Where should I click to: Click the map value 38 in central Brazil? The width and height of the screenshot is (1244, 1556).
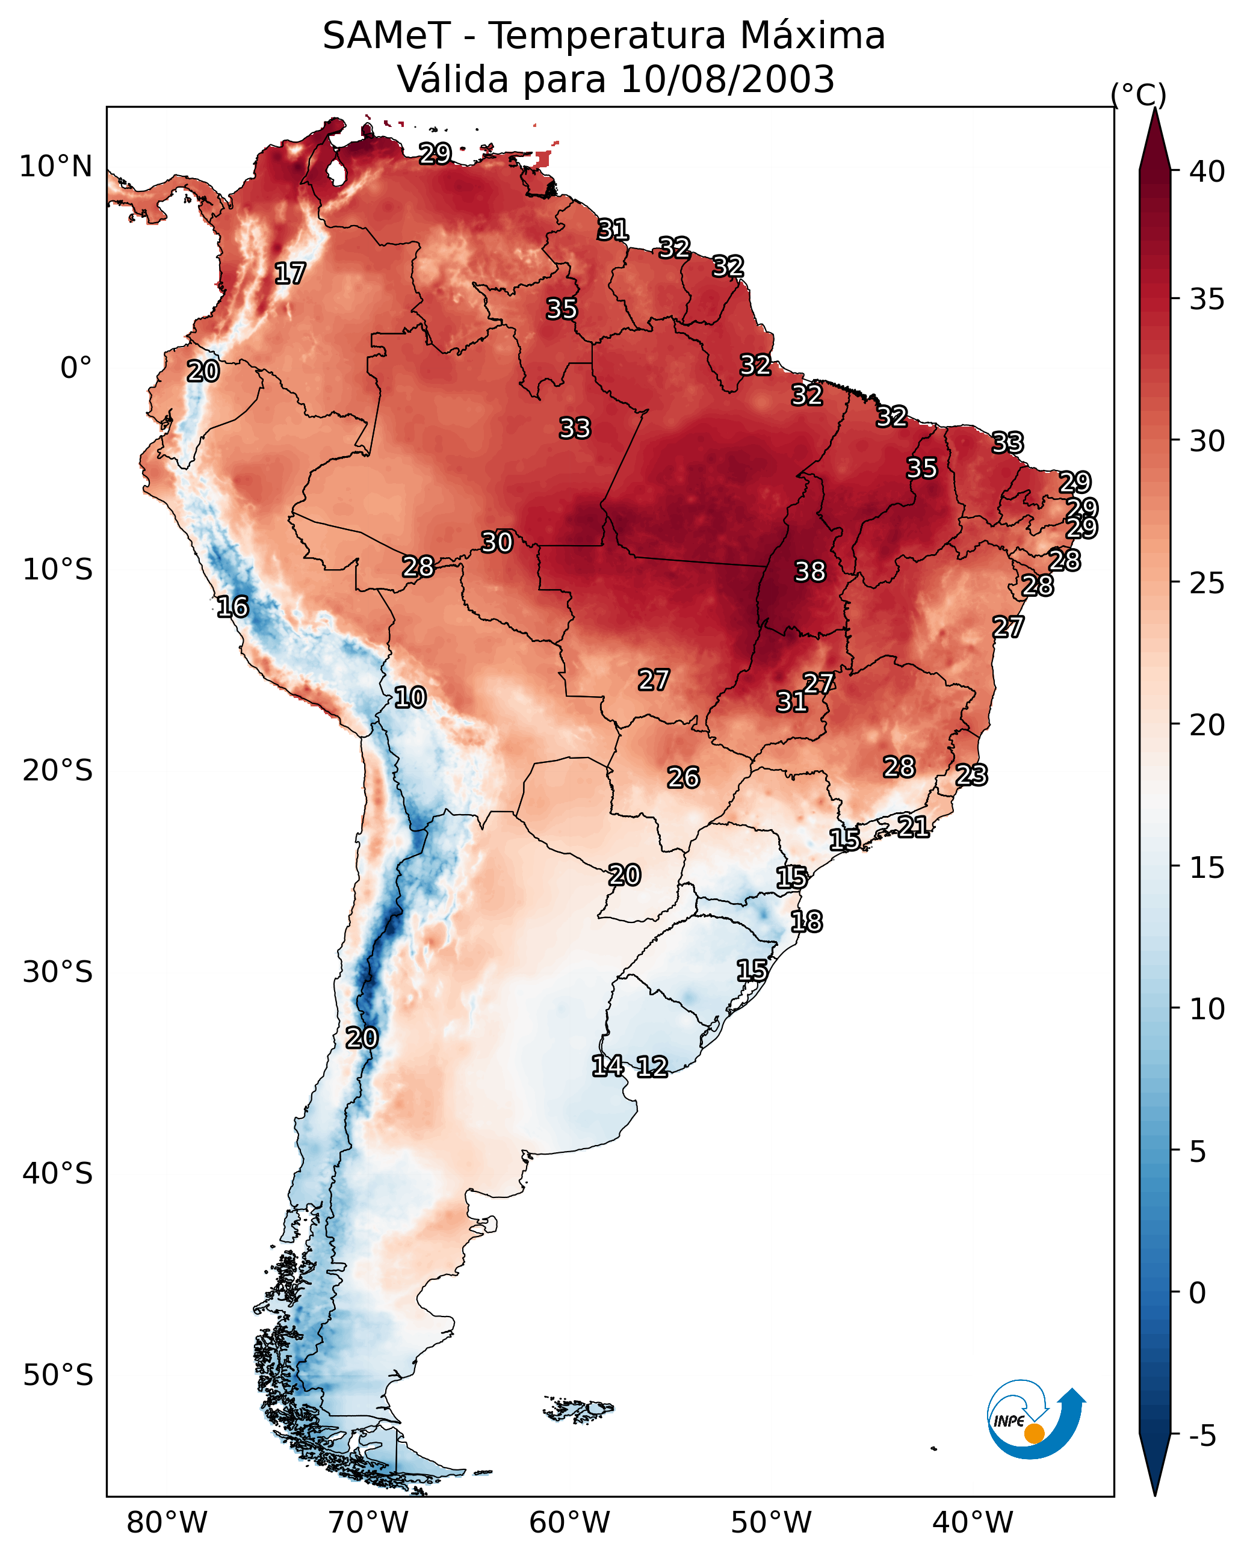click(x=809, y=572)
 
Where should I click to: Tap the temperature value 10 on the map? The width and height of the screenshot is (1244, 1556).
click(x=410, y=697)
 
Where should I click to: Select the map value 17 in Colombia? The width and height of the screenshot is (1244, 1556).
click(x=290, y=274)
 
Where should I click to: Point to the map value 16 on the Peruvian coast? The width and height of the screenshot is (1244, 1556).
click(x=232, y=607)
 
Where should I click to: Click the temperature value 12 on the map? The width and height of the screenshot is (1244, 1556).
click(x=652, y=1067)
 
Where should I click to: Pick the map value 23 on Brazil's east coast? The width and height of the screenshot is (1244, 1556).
click(x=971, y=775)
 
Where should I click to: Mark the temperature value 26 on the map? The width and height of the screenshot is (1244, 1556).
click(x=683, y=778)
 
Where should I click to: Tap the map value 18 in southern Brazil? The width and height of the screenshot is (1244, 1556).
click(x=806, y=922)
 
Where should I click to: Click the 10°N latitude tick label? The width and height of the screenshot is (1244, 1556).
click(x=55, y=167)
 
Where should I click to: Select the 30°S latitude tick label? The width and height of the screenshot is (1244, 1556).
click(x=58, y=972)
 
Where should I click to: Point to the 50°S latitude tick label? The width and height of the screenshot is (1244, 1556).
click(x=58, y=1375)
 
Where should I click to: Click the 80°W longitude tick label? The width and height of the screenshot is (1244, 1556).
click(x=167, y=1523)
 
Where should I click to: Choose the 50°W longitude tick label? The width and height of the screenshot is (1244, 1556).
click(x=771, y=1523)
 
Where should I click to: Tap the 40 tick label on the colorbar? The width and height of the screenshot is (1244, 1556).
click(x=1207, y=171)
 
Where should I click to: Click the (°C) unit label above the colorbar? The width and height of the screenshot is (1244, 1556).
click(x=1139, y=94)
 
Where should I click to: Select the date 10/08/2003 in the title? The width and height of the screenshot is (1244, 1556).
click(x=727, y=79)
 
